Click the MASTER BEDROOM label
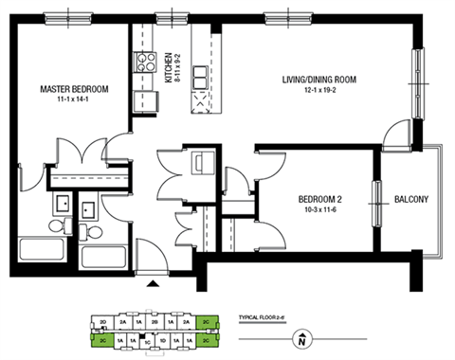pyautogui.click(x=74, y=89)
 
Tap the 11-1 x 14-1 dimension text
pyautogui.click(x=73, y=99)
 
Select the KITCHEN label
pyautogui.click(x=170, y=68)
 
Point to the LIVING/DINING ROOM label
pyautogui.click(x=318, y=80)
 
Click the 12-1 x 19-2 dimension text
pyautogui.click(x=318, y=91)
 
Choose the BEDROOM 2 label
pyautogui.click(x=317, y=199)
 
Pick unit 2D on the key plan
pyautogui.click(x=101, y=322)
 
